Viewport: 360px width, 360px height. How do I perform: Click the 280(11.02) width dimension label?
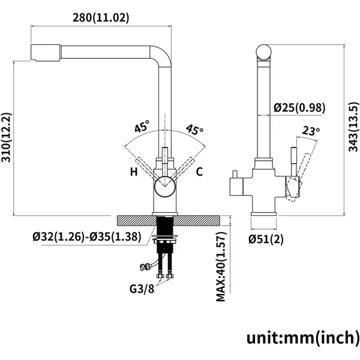101,17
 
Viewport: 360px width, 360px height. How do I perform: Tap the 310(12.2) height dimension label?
6,137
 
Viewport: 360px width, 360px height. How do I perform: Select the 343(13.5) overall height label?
353,127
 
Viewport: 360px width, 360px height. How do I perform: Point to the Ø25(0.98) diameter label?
299,107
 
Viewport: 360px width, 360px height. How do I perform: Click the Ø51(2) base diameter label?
266,239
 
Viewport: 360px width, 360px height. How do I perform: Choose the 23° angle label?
311,131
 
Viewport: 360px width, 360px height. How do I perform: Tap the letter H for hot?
134,172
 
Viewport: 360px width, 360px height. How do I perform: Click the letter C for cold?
199,172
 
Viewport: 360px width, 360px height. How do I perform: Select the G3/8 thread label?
142,289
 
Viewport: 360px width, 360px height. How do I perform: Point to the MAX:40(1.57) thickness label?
221,266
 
